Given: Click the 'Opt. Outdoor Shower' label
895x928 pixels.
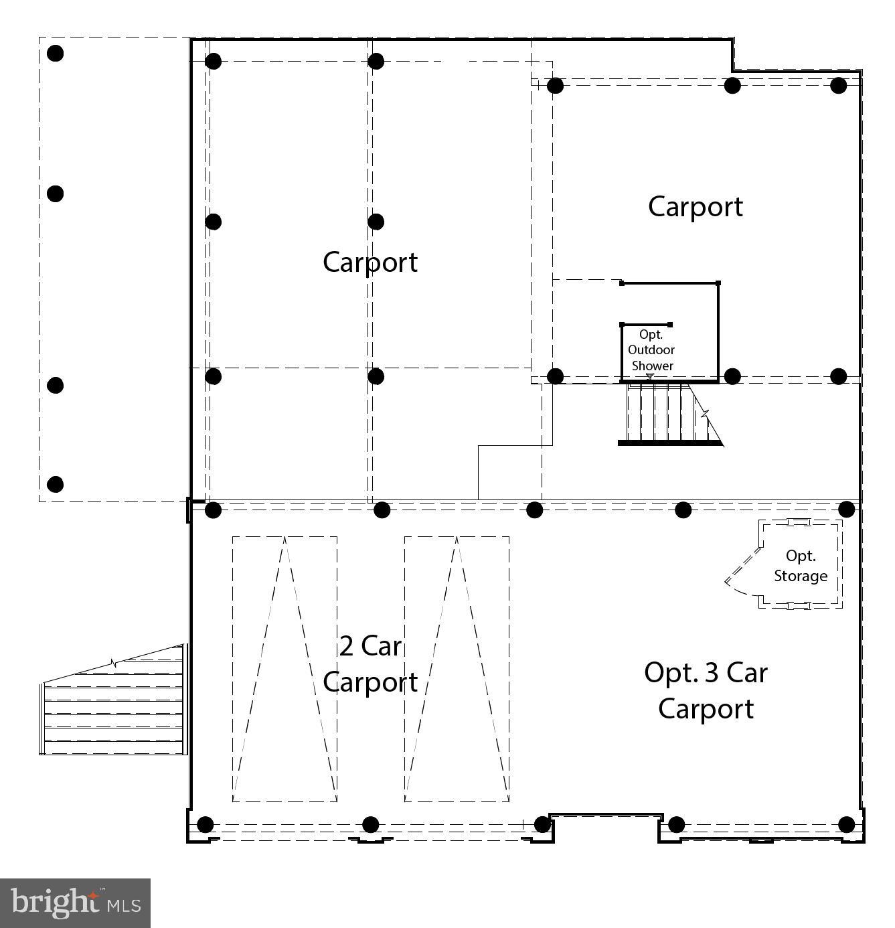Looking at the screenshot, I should pos(651,350).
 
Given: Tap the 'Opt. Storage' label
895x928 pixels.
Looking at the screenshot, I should pos(801,566).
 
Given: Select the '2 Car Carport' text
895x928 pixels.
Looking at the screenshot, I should pos(370,664).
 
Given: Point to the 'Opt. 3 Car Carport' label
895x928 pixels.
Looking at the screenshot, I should pos(706,690).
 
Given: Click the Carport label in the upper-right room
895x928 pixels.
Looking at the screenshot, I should pos(696,207).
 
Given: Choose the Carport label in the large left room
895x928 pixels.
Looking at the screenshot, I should pos(370,262).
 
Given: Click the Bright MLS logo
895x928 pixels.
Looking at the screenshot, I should pos(75,903).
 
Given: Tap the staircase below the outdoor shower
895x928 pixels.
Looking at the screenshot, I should pos(669,414).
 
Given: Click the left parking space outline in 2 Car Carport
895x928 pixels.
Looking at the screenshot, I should pos(284,669).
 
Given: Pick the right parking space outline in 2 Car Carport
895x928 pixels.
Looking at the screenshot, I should pos(457,669).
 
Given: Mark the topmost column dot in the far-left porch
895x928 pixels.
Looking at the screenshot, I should pos(56,54).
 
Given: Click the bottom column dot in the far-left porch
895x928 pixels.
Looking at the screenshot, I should pos(56,484).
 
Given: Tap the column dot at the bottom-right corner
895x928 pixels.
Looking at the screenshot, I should pos(847,824).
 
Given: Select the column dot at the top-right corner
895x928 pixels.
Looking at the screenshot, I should pos(839,85).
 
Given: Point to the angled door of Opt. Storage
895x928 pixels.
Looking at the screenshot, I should pos(743,566).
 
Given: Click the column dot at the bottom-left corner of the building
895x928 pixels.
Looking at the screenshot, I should pos(206,824).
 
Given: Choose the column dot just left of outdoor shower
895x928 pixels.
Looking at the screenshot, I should pos(555,376).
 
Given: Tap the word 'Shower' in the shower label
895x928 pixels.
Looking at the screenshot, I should pos(652,366).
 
